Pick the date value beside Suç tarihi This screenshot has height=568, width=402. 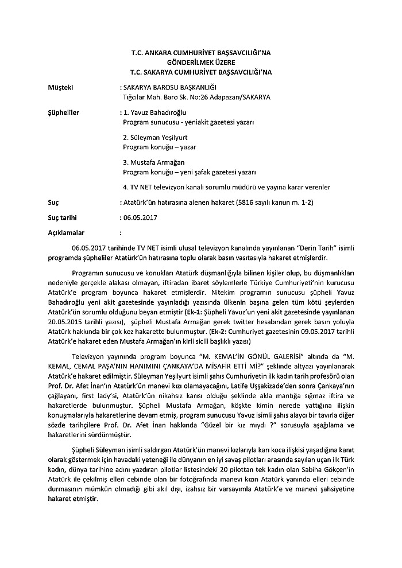140,219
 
